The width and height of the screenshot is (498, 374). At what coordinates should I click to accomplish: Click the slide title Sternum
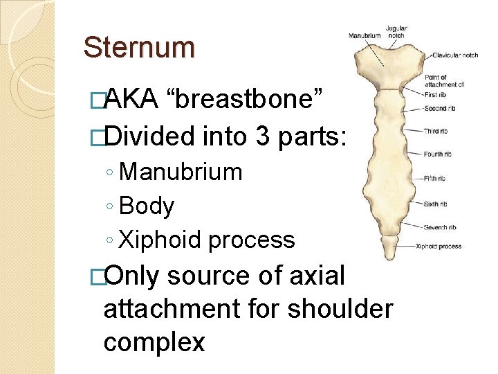click(139, 48)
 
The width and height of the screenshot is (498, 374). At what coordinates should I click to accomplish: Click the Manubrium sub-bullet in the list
click(181, 172)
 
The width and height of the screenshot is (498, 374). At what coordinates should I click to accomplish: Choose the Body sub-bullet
click(147, 206)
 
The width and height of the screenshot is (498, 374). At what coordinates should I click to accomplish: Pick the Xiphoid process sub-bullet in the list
click(207, 240)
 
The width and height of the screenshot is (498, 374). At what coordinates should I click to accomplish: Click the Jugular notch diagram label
click(396, 32)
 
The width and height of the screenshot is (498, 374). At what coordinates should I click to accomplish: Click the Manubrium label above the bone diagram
click(365, 35)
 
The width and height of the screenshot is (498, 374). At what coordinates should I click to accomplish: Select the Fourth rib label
click(438, 154)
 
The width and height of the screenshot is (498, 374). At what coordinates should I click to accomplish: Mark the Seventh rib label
click(440, 226)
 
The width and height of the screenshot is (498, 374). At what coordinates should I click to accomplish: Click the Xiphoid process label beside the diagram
click(439, 246)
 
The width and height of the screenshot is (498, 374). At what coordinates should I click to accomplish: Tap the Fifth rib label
click(434, 178)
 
